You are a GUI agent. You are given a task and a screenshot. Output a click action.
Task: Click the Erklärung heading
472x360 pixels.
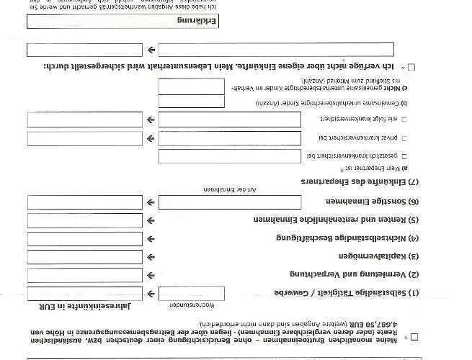pyautogui.click(x=199, y=22)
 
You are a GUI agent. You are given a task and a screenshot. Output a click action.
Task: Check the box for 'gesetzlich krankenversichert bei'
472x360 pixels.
pyautogui.click(x=404, y=156)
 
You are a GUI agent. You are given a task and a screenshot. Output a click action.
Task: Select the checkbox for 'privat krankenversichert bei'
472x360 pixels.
pyautogui.click(x=404, y=138)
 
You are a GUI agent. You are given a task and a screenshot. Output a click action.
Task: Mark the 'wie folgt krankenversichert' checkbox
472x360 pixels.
pyautogui.click(x=404, y=119)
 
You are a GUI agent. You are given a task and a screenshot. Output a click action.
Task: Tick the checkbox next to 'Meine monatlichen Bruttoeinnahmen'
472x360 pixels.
pyautogui.click(x=413, y=336)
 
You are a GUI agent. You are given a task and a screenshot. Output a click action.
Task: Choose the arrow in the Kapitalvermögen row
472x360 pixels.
pyautogui.click(x=151, y=256)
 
